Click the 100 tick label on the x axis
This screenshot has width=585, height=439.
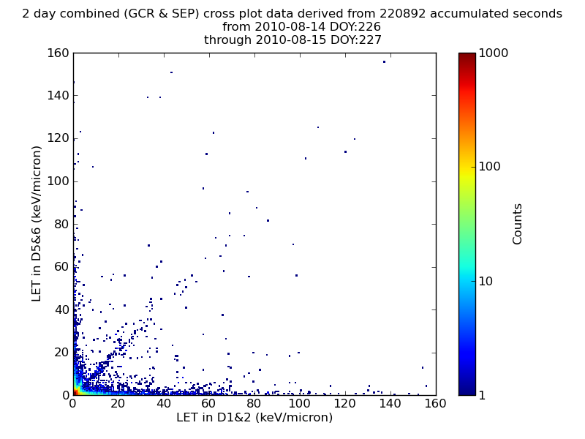[300, 403]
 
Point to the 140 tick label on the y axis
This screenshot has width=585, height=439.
[58, 96]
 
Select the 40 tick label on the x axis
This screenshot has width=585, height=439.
[163, 403]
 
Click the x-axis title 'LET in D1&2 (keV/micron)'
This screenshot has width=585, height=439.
[254, 417]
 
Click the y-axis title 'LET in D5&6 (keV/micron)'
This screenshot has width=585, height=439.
[36, 224]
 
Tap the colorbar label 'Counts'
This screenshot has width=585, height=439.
[517, 224]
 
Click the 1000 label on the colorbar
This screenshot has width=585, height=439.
[493, 53]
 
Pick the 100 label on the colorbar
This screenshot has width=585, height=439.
[489, 167]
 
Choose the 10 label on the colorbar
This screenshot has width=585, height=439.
[486, 281]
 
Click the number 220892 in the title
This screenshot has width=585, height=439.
[403, 13]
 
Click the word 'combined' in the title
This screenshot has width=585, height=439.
[92, 13]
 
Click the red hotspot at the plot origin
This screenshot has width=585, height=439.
[76, 392]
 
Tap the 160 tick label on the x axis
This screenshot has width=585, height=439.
[435, 403]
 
